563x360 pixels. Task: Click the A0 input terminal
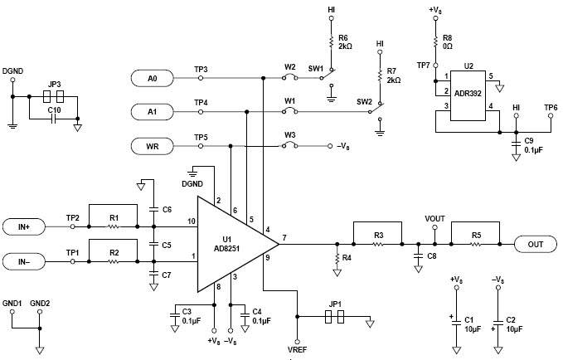pos(153,78)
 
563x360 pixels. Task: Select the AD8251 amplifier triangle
pos(232,243)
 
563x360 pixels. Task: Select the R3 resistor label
pos(378,236)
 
